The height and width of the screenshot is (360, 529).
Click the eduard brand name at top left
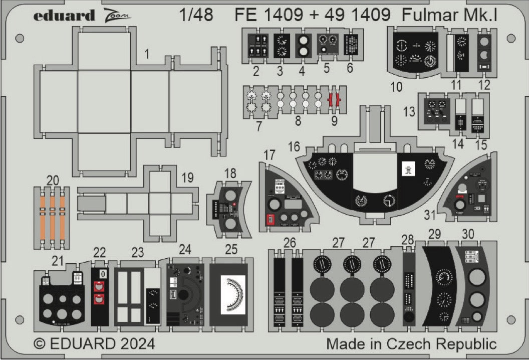[64, 16]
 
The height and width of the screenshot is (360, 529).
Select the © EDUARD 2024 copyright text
[94, 344]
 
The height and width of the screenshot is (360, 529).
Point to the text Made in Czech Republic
[411, 344]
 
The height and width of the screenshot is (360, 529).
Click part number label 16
[294, 146]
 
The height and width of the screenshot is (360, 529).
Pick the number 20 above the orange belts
[52, 180]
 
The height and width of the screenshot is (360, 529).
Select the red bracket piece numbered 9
[335, 100]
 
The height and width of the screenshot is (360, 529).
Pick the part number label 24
[185, 249]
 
